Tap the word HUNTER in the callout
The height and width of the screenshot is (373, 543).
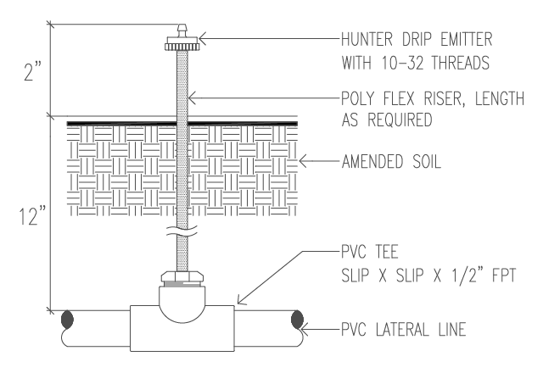[x=367, y=39]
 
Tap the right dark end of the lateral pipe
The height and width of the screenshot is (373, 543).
[x=296, y=322]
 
